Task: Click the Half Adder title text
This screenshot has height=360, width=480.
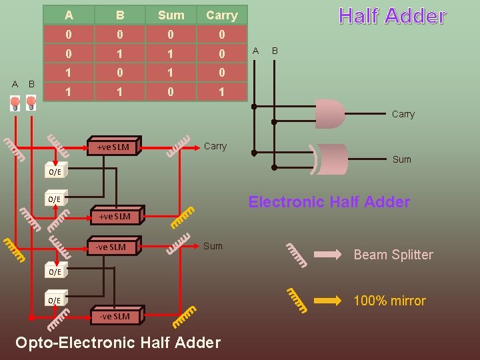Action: pyautogui.click(x=392, y=17)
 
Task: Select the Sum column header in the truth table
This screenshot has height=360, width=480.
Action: pyautogui.click(x=171, y=15)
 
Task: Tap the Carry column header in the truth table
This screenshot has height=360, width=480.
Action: pyautogui.click(x=221, y=15)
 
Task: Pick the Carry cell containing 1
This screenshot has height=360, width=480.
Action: pyautogui.click(x=221, y=92)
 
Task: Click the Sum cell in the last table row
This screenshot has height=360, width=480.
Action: pyautogui.click(x=171, y=92)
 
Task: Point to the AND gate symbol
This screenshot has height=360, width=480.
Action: pyautogui.click(x=329, y=114)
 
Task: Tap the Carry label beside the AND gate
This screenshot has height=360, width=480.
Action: pyautogui.click(x=403, y=115)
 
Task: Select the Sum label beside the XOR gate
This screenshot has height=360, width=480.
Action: pyautogui.click(x=402, y=159)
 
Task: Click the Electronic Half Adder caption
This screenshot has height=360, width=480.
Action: pyautogui.click(x=329, y=202)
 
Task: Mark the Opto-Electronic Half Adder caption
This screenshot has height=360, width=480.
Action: pyautogui.click(x=117, y=343)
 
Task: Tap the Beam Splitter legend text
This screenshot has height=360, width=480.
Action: pyautogui.click(x=393, y=255)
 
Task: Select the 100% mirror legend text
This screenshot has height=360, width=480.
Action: pyautogui.click(x=389, y=301)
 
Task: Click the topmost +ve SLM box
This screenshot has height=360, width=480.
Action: pyautogui.click(x=114, y=147)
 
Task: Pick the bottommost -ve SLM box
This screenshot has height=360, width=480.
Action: pyautogui.click(x=114, y=316)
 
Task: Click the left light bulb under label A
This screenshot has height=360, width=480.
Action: pyautogui.click(x=15, y=103)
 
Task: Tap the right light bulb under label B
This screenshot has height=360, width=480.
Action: pyautogui.click(x=31, y=103)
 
